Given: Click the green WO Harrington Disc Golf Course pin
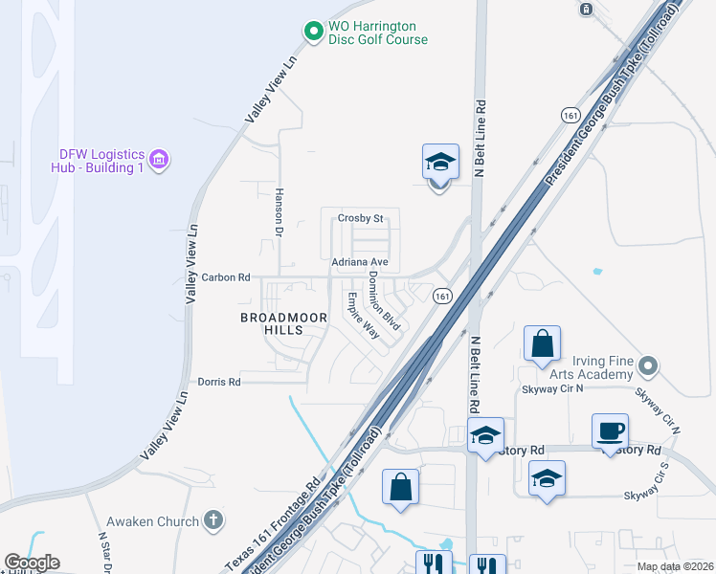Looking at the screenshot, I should [x=313, y=32].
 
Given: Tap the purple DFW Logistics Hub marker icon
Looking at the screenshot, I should [x=160, y=159].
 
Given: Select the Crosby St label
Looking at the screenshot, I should [x=360, y=219].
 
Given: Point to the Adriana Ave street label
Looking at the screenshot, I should [x=359, y=261].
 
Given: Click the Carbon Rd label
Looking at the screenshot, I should [x=226, y=277].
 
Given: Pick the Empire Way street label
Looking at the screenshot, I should [x=363, y=315].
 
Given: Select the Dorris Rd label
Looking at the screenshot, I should [x=219, y=382].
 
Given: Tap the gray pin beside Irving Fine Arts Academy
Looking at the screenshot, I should [x=649, y=365].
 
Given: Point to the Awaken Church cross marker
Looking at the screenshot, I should [x=213, y=521].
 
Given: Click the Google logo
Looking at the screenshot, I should [x=32, y=563].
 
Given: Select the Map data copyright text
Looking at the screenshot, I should [x=676, y=566].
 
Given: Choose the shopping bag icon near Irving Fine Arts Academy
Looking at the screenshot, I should [x=542, y=343].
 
